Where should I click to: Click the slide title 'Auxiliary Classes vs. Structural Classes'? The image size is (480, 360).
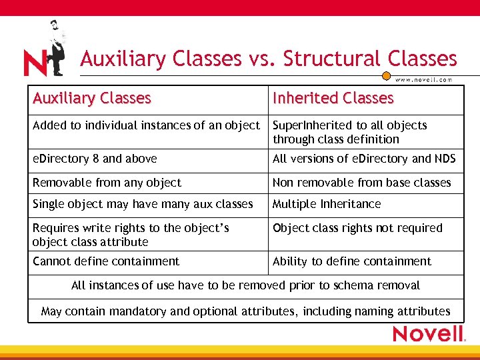[269, 59]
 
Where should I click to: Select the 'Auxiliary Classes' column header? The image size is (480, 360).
[92, 98]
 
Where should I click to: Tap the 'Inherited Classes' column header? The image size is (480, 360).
[333, 98]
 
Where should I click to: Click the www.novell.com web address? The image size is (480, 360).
[424, 79]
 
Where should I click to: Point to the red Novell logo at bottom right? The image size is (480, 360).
[428, 333]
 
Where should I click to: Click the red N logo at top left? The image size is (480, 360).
[35, 63]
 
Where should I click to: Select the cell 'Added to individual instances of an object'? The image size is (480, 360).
[146, 125]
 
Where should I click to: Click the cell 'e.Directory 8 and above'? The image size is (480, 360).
[95, 159]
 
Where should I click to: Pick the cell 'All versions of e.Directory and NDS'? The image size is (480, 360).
[364, 159]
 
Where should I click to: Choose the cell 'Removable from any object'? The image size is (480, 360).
[107, 183]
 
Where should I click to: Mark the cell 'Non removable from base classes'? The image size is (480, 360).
[361, 183]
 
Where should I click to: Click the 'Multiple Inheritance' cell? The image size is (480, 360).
[327, 204]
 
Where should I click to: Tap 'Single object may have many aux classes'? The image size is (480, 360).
[143, 204]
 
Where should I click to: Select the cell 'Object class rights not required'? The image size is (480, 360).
[357, 228]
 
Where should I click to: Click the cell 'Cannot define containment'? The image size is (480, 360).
[106, 261]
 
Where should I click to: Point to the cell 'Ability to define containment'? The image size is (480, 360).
[352, 261]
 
